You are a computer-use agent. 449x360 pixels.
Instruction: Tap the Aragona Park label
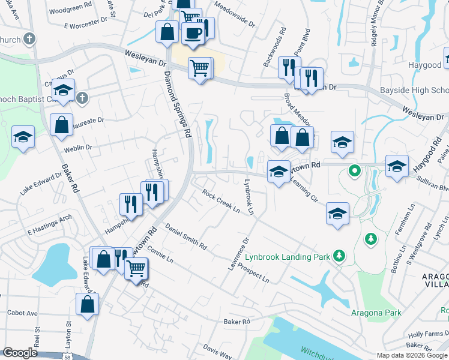(376, 313)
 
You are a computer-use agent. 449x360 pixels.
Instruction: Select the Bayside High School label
(414, 91)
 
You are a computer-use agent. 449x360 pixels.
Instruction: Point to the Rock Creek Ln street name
(221, 202)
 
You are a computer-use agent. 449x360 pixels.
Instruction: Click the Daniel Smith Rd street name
(186, 236)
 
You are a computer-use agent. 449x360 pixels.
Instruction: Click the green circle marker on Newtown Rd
(355, 171)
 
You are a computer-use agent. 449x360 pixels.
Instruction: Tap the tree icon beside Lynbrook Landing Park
(339, 256)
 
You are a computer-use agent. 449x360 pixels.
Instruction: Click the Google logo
(20, 353)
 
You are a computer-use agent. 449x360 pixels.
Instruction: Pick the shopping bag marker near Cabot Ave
(88, 304)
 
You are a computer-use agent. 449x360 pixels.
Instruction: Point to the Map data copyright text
(411, 355)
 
